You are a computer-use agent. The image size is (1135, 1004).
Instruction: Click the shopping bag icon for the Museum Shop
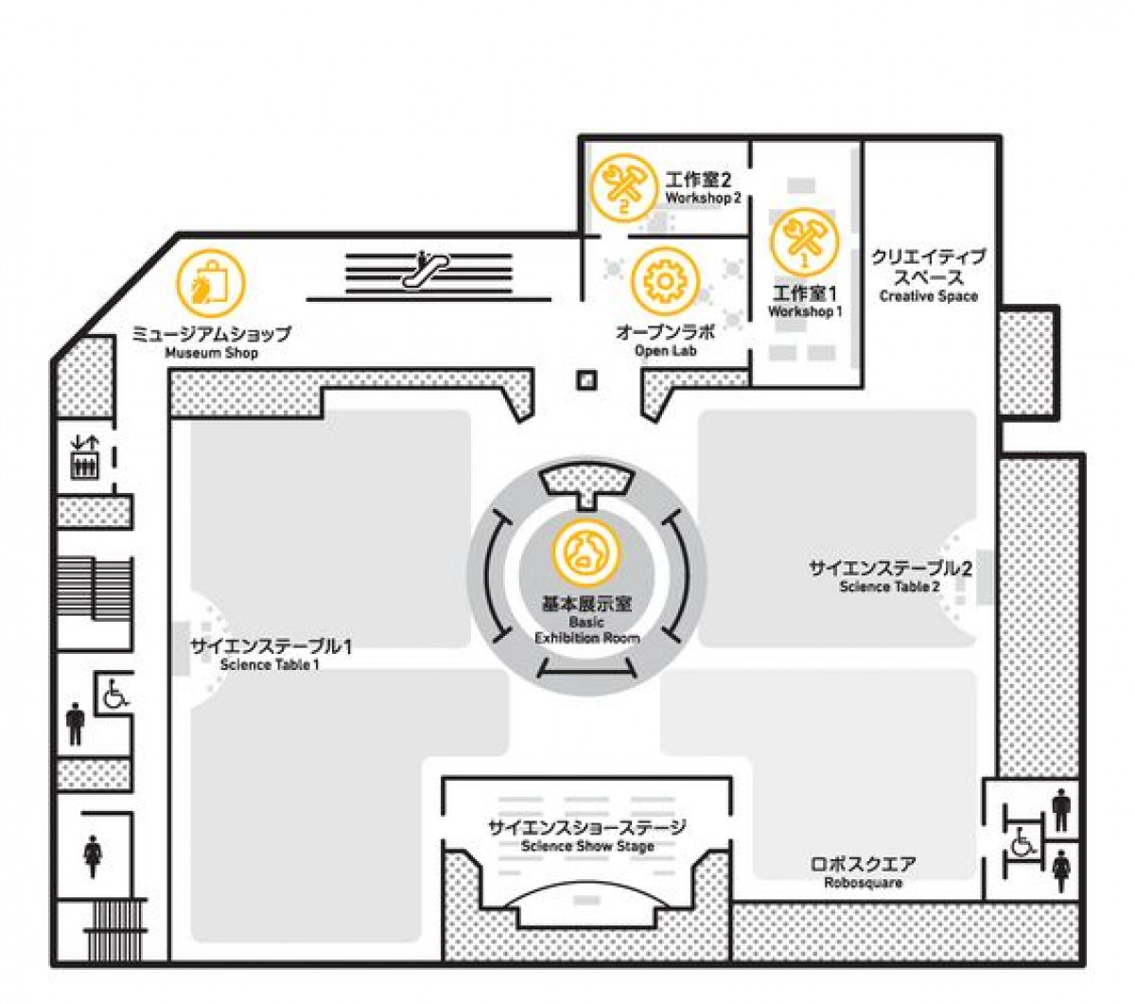pyautogui.click(x=211, y=284)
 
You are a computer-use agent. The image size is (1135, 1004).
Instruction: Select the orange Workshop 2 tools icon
pyautogui.click(x=623, y=187)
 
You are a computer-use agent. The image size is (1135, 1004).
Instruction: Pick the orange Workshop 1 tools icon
pyautogui.click(x=805, y=242)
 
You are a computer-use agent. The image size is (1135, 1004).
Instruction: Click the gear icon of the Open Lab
pyautogui.click(x=666, y=281)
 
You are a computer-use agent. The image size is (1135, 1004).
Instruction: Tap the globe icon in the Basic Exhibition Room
pyautogui.click(x=585, y=553)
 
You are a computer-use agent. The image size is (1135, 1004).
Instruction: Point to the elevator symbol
pyautogui.click(x=84, y=458)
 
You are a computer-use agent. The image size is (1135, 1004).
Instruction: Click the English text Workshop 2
pyautogui.click(x=703, y=198)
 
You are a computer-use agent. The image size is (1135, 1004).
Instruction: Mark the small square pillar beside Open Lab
pyautogui.click(x=586, y=380)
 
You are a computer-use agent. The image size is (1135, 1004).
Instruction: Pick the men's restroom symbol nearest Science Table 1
pyautogui.click(x=75, y=724)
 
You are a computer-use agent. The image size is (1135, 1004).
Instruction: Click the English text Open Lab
pyautogui.click(x=666, y=351)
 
